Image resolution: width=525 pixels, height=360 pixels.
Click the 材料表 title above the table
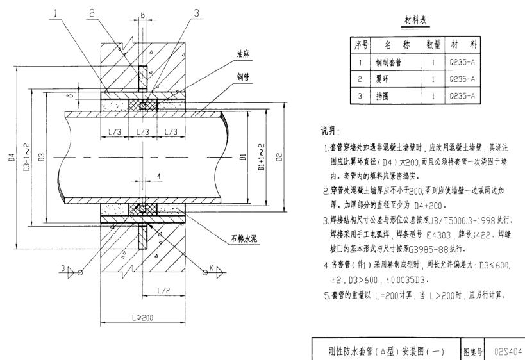pyautogui.click(x=416, y=21)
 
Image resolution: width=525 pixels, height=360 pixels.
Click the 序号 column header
pyautogui.click(x=360, y=45)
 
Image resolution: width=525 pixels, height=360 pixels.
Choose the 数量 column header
pyautogui.click(x=433, y=45)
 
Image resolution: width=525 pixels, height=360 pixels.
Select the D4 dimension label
pyautogui.click(x=12, y=157)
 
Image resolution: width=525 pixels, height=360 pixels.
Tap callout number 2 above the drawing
pyautogui.click(x=92, y=12)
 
